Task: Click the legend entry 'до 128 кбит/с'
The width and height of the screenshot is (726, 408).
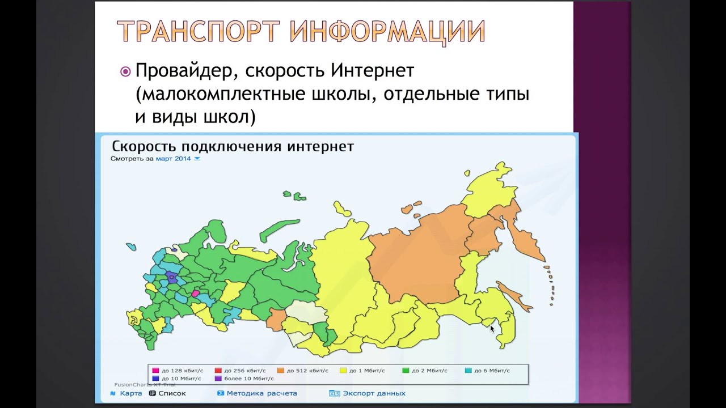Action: [x=174, y=371]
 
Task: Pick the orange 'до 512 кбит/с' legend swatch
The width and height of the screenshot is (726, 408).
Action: [x=281, y=371]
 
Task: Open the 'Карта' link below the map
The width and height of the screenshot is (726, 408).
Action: [x=130, y=393]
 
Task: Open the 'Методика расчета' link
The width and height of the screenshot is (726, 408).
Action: [x=261, y=393]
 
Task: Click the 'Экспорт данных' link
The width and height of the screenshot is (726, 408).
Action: [x=373, y=393]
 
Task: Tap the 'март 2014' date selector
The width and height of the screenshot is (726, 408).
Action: [x=177, y=159]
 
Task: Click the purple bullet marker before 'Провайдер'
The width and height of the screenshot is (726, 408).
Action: [x=125, y=72]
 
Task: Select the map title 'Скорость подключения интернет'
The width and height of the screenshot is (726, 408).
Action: [x=233, y=146]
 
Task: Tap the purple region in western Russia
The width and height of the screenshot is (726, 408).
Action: [x=171, y=278]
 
